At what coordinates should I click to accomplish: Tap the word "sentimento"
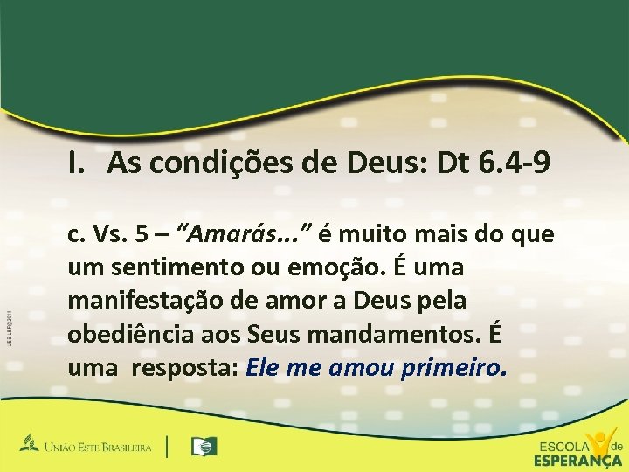(160, 267)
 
